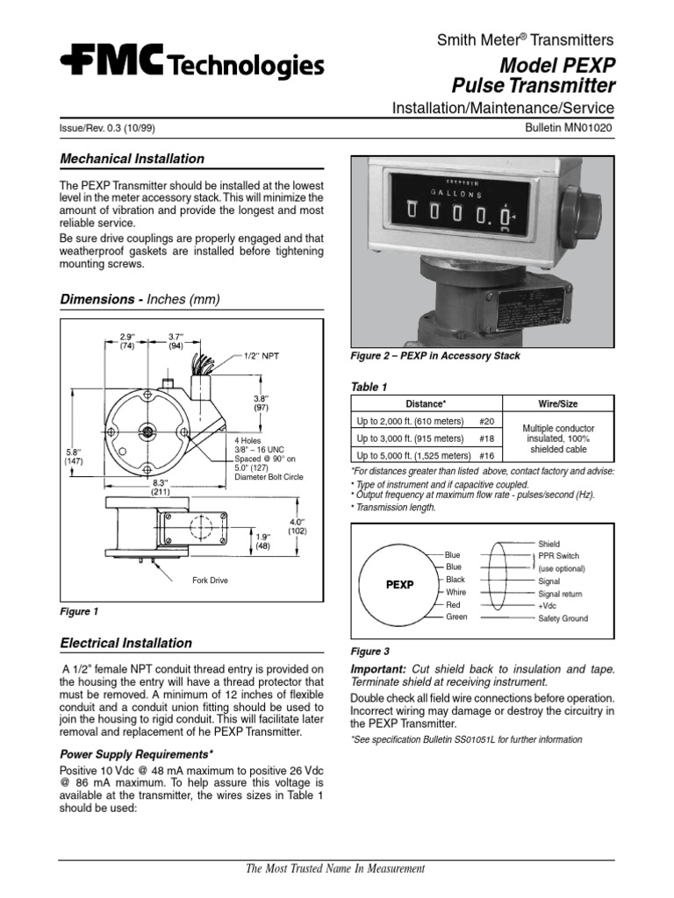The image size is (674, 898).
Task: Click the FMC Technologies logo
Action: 192,62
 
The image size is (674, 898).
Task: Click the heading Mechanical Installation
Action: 132,159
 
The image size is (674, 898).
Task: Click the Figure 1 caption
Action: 79,611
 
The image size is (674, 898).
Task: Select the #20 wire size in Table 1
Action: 488,421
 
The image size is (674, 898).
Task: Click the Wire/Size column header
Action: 557,403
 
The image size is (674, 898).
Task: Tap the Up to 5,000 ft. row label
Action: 411,455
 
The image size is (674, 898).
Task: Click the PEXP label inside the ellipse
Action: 399,584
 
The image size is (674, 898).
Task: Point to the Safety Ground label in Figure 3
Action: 563,618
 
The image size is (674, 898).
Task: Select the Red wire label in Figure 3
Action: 454,604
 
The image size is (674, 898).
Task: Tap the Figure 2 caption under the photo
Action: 435,356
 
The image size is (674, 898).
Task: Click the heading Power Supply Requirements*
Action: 136,753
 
